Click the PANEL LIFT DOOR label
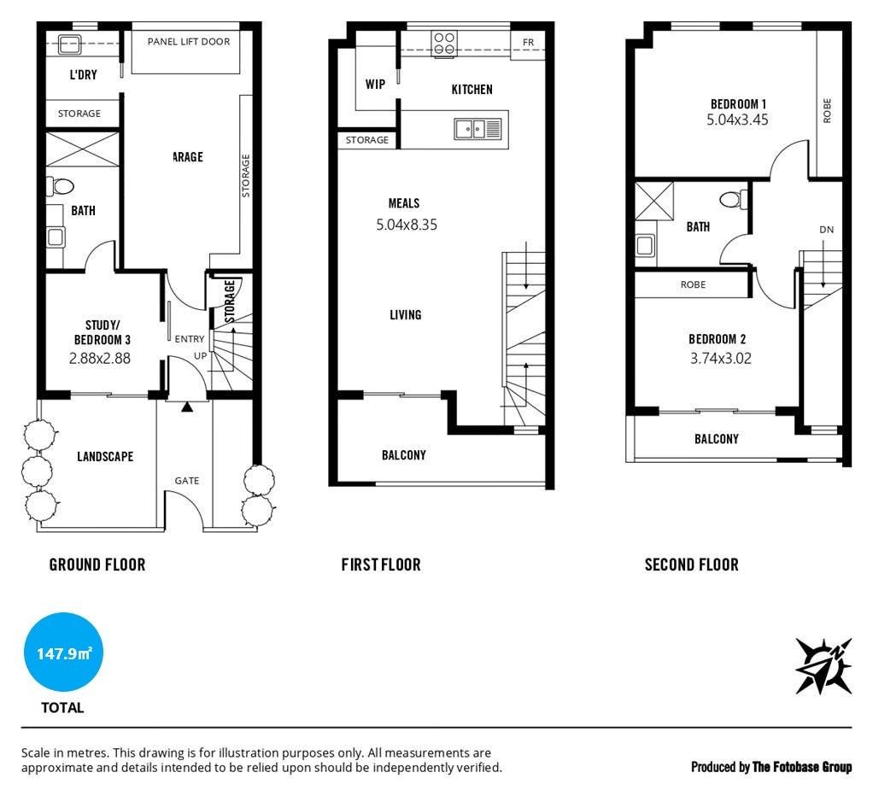pos(189,42)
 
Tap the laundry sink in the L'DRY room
pos(69,44)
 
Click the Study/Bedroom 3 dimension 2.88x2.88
pos(100,358)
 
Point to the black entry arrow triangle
pos(187,407)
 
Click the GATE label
pos(187,480)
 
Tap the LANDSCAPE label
pos(105,456)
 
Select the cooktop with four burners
pos(444,44)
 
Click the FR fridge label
pos(528,43)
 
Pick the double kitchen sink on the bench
pos(478,129)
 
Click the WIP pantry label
pos(375,84)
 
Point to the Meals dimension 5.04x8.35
pos(407,225)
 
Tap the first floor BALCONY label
pos(404,455)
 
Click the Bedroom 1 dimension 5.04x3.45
pos(738,120)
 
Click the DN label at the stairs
pos(826,230)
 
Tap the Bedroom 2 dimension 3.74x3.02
pos(721,358)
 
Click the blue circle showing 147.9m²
pos(63,652)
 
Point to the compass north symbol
pos(823,665)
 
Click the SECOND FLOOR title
pos(692,565)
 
